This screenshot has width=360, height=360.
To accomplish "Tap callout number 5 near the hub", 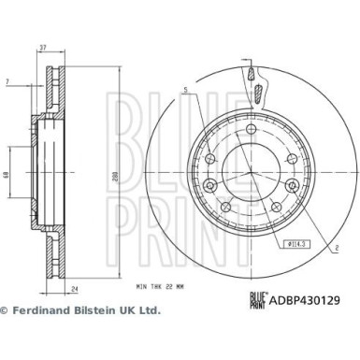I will [x=187, y=91].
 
